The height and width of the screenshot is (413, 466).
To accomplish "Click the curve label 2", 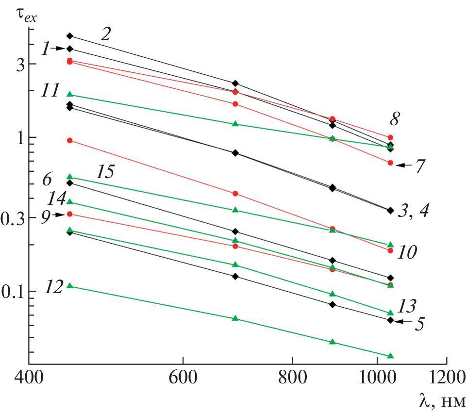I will tap(107, 33).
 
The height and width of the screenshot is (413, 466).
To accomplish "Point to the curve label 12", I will tap(52, 287).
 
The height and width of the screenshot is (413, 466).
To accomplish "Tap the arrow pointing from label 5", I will tap(402, 321).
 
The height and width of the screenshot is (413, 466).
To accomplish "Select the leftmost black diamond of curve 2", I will tap(69, 36).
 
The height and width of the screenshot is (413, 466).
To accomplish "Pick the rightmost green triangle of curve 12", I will tap(390, 356).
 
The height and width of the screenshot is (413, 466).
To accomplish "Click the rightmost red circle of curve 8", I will tap(390, 137).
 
